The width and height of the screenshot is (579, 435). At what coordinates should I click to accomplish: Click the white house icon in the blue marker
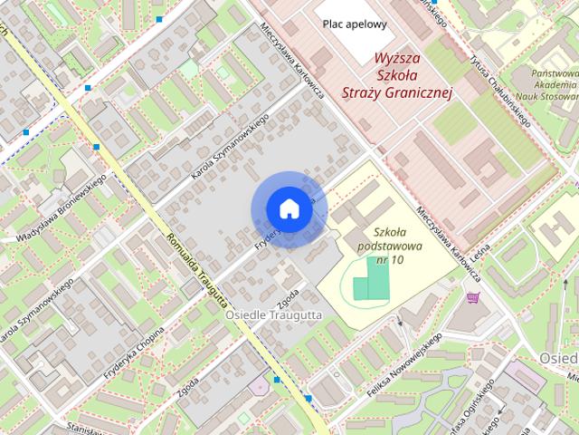[x=289, y=208]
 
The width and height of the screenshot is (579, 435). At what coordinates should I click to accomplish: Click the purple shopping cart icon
[x=471, y=296]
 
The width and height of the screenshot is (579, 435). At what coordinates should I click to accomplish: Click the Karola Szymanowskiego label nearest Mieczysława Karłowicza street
[x=232, y=141]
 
